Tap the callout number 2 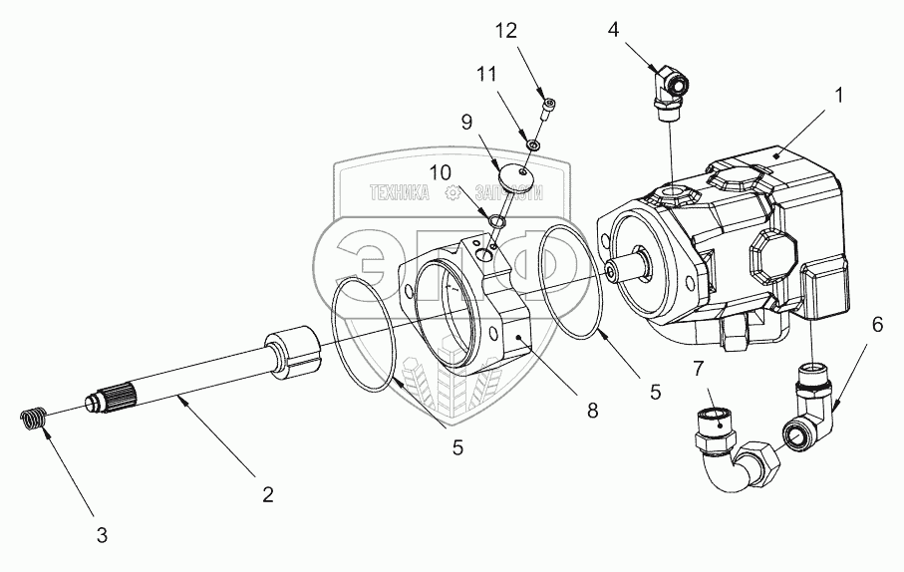tap(266, 493)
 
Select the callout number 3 tap(103, 535)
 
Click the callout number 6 tap(876, 326)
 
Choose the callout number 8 tap(592, 410)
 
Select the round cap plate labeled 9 tap(515, 177)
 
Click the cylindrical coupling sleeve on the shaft tap(290, 354)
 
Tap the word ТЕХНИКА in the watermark tap(400, 195)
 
